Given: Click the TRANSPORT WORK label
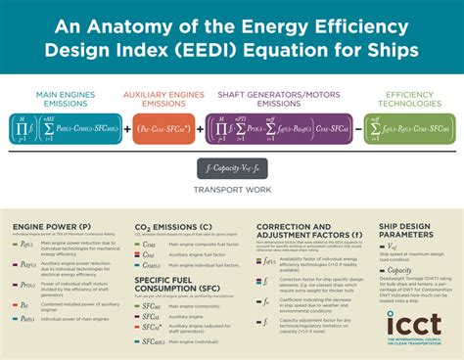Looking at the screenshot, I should pyautogui.click(x=232, y=189).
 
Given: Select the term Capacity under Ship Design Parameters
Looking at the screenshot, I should pyautogui.click(x=400, y=270).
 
